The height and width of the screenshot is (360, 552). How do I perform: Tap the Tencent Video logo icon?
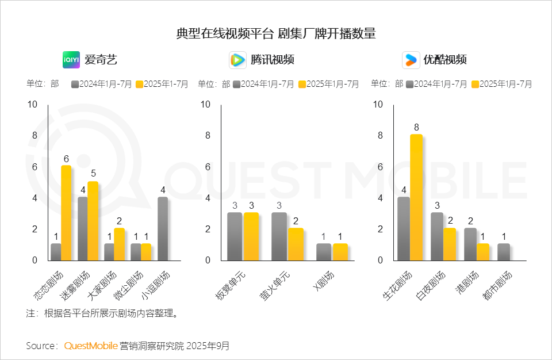click(x=238, y=60)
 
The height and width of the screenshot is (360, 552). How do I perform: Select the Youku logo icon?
click(x=411, y=60)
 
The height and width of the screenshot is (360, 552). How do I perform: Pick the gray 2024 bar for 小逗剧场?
click(x=163, y=228)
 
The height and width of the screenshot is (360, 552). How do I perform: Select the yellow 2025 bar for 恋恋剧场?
click(x=66, y=213)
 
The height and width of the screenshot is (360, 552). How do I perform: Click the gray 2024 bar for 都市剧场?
click(x=504, y=252)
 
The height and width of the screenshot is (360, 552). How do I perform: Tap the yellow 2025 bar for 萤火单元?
click(x=296, y=244)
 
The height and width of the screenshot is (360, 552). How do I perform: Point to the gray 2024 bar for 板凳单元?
click(x=235, y=236)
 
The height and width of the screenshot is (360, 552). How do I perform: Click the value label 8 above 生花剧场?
click(x=416, y=127)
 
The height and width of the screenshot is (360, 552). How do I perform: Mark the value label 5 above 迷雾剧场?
click(x=93, y=174)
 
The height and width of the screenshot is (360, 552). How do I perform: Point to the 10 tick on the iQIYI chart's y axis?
click(x=32, y=105)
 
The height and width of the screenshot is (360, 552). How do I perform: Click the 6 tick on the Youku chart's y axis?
click(x=379, y=167)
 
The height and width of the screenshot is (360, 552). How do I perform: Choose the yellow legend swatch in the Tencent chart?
click(x=302, y=85)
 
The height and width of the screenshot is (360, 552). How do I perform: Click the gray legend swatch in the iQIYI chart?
click(x=75, y=85)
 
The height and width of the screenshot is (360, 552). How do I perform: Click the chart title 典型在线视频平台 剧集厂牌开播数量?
click(x=276, y=33)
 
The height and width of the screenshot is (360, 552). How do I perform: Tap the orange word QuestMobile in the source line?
click(x=91, y=346)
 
